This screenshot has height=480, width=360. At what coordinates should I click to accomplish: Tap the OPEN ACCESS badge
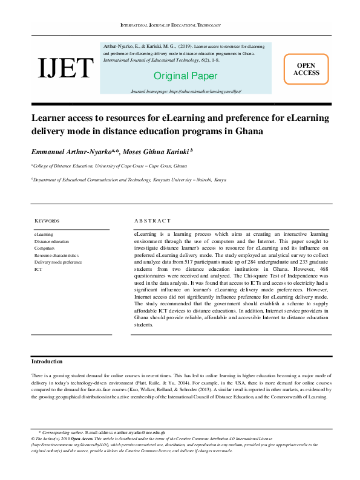pyautogui.click(x=306, y=69)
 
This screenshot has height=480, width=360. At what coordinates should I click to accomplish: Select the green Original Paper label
pyautogui.click(x=185, y=76)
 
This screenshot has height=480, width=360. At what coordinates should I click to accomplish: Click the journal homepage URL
pyautogui.click(x=186, y=91)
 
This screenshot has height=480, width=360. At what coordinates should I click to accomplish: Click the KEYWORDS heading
pyautogui.click(x=47, y=221)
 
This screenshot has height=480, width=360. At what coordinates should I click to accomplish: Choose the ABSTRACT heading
pyautogui.click(x=151, y=221)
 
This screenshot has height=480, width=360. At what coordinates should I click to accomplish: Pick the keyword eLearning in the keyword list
pyautogui.click(x=44, y=234)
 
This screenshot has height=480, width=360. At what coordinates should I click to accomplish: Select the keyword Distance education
pyautogui.click(x=51, y=241)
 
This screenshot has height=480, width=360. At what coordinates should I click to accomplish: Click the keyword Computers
pyautogui.click(x=45, y=248)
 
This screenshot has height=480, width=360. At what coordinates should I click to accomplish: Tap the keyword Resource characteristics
pyautogui.click(x=56, y=256)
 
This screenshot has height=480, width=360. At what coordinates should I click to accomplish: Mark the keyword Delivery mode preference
pyautogui.click(x=57, y=262)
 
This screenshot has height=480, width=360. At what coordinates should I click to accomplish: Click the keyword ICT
pyautogui.click(x=38, y=270)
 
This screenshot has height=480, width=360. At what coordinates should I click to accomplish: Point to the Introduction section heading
pyautogui.click(x=47, y=362)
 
